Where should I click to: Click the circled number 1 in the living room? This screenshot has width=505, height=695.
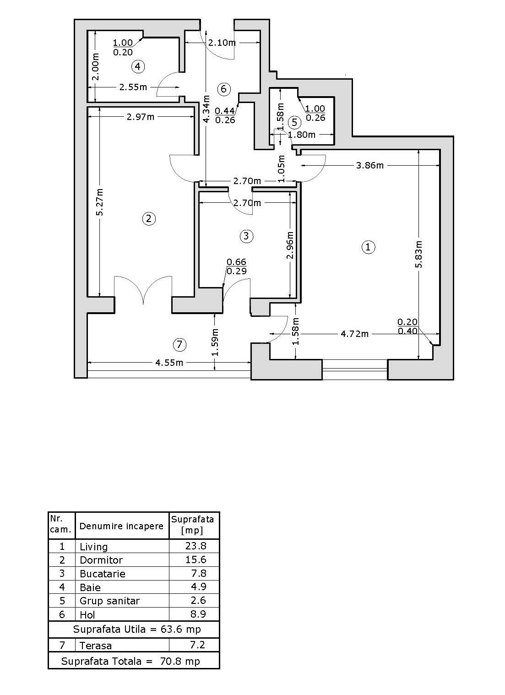(x=369, y=247)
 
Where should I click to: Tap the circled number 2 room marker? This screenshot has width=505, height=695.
(x=148, y=219)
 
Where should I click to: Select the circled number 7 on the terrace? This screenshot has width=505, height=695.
(x=179, y=344)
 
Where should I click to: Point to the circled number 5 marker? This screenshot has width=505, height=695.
(x=294, y=122)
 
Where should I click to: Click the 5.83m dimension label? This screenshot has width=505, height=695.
(x=419, y=254)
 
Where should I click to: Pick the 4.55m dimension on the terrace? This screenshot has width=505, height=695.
(x=169, y=363)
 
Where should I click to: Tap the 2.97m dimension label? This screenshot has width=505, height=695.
(x=141, y=117)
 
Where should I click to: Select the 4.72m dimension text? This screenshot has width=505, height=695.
(x=354, y=334)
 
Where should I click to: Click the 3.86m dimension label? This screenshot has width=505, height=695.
(x=370, y=165)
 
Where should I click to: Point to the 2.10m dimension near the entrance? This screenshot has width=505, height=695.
(x=222, y=43)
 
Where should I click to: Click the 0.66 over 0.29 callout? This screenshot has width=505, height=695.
(x=237, y=266)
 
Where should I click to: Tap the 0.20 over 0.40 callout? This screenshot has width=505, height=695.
(x=407, y=327)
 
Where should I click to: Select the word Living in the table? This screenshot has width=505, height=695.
(x=93, y=547)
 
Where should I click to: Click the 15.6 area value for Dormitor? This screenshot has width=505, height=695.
(x=196, y=559)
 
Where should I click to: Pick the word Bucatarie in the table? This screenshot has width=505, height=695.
(x=102, y=574)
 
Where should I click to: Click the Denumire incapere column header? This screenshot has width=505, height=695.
(x=121, y=526)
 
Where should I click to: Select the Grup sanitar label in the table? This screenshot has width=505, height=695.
(x=109, y=601)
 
